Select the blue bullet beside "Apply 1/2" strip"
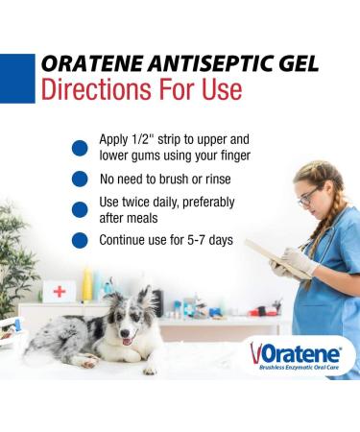point(81,148)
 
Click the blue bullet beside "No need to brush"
point(81,180)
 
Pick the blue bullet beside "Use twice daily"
point(81,209)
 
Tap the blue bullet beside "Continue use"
point(81,240)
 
